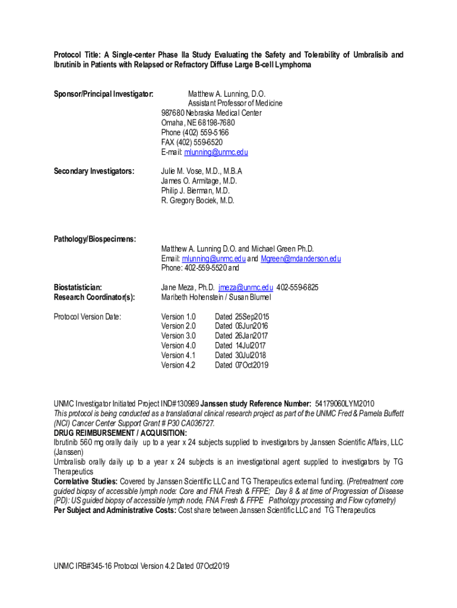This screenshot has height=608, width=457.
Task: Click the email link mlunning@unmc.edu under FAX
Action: click(x=216, y=152)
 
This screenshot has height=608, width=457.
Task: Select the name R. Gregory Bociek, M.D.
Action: click(x=198, y=200)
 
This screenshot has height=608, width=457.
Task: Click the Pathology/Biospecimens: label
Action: click(x=95, y=239)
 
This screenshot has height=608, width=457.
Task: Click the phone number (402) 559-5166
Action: click(x=205, y=132)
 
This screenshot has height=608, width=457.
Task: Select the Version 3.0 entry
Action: click(x=178, y=335)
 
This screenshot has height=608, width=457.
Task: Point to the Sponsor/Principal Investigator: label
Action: click(x=104, y=94)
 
